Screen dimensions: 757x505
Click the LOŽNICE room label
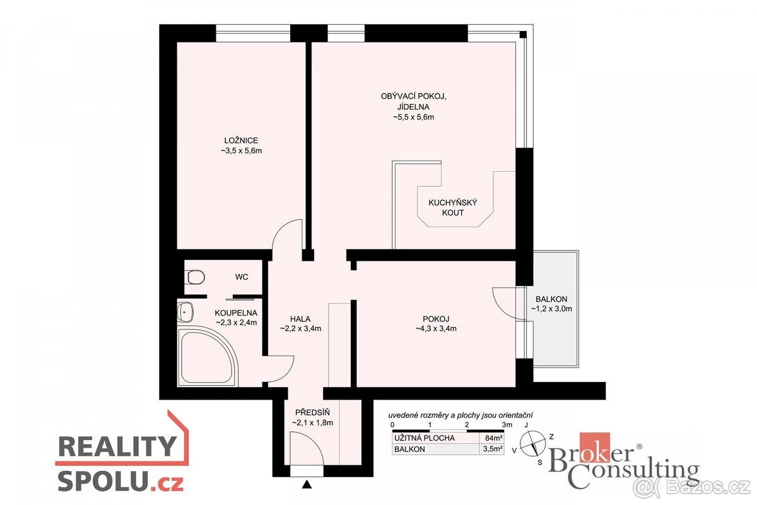[241, 140]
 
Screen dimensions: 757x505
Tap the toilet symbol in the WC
[195, 277]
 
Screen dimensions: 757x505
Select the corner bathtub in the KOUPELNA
[207, 356]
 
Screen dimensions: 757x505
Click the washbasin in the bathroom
[185, 312]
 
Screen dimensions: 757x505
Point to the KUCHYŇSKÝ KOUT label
[453, 208]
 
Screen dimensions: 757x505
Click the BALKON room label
[551, 299]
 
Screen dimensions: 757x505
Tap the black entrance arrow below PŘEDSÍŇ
[307, 485]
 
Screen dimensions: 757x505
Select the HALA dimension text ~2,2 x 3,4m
[300, 328]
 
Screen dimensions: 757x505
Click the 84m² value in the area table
[494, 438]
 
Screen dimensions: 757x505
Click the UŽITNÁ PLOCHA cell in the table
[425, 438]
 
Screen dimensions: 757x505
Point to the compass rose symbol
[532, 444]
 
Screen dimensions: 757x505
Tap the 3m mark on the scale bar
[507, 425]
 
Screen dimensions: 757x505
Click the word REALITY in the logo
[117, 446]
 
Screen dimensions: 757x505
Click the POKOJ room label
[436, 319]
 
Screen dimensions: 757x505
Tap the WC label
[242, 277]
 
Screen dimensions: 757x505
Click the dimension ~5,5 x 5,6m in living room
[413, 117]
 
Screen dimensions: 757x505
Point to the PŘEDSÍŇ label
[312, 412]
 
